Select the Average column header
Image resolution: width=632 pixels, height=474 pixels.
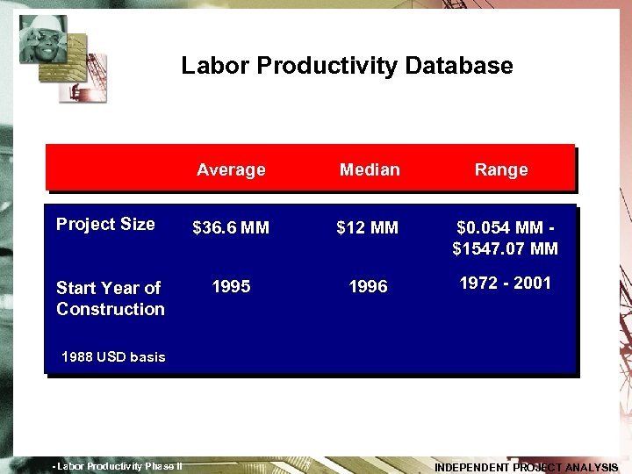coord(231,169)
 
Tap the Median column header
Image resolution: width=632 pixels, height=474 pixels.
coord(370,169)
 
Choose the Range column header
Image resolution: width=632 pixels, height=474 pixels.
coord(501,169)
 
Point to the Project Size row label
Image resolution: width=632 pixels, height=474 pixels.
coord(105,224)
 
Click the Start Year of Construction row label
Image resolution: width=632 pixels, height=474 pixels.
coord(110,298)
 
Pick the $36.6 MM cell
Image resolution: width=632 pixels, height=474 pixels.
coord(231,228)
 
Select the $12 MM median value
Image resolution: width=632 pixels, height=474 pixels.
coord(368,228)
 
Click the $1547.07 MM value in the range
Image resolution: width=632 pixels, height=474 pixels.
coord(505,248)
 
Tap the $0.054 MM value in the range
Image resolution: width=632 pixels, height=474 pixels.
coord(498,227)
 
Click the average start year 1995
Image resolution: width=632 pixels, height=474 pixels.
coord(231,287)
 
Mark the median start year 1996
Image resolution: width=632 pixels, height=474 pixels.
coord(368,287)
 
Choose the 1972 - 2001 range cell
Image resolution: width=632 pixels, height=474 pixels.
coord(506,283)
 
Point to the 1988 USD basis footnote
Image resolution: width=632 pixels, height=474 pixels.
coord(113,357)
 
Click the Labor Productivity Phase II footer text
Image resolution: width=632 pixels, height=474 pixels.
coord(118,466)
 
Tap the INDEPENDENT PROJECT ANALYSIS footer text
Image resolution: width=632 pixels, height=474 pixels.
coord(526,468)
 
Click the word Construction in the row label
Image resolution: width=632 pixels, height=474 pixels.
coord(111,309)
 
